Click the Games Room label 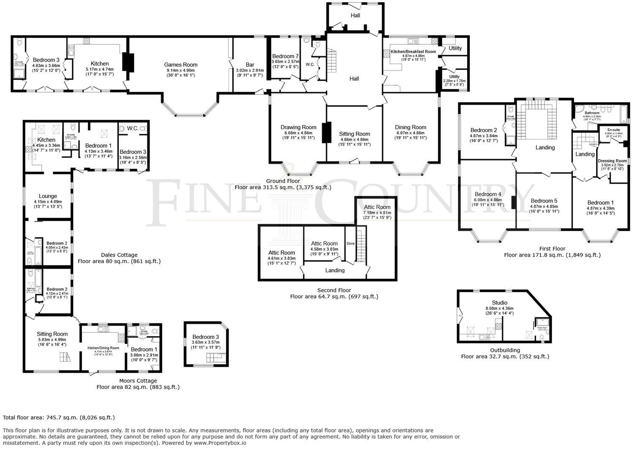pyautogui.click(x=181, y=65)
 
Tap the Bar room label pyautogui.click(x=250, y=65)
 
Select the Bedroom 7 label pyautogui.click(x=285, y=56)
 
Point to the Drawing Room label pyautogui.click(x=298, y=127)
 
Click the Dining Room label pyautogui.click(x=410, y=127)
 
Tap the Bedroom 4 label pyautogui.click(x=488, y=194)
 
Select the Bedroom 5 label pyautogui.click(x=544, y=200)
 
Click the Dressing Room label pyautogui.click(x=612, y=161)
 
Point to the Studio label pyautogui.click(x=499, y=303)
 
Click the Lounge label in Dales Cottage pyautogui.click(x=48, y=196)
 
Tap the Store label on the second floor pyautogui.click(x=351, y=243)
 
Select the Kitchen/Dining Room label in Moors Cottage pyautogui.click(x=103, y=348)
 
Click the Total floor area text pyautogui.click(x=59, y=417)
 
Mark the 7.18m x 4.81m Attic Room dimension pyautogui.click(x=377, y=213)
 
